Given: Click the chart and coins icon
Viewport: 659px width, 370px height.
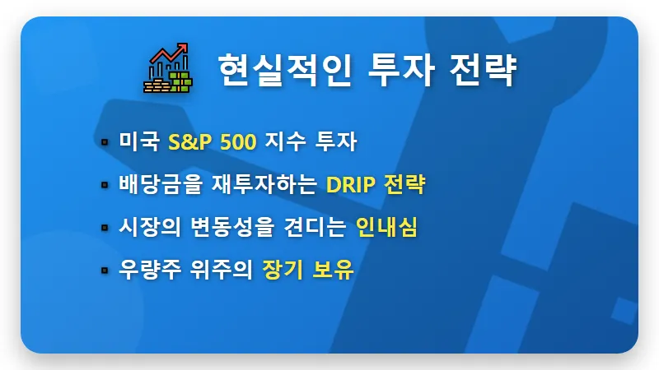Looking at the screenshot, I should (x=167, y=67).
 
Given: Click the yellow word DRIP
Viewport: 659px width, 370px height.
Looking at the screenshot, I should (x=352, y=184).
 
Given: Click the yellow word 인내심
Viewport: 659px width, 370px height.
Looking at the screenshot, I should (x=387, y=227).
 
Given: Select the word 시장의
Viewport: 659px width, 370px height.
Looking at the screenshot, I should (x=148, y=227).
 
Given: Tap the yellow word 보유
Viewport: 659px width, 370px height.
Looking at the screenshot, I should (x=333, y=270).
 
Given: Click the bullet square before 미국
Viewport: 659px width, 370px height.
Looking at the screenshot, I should (x=105, y=142).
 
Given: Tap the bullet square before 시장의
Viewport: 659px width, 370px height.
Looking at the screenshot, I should (x=105, y=228).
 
